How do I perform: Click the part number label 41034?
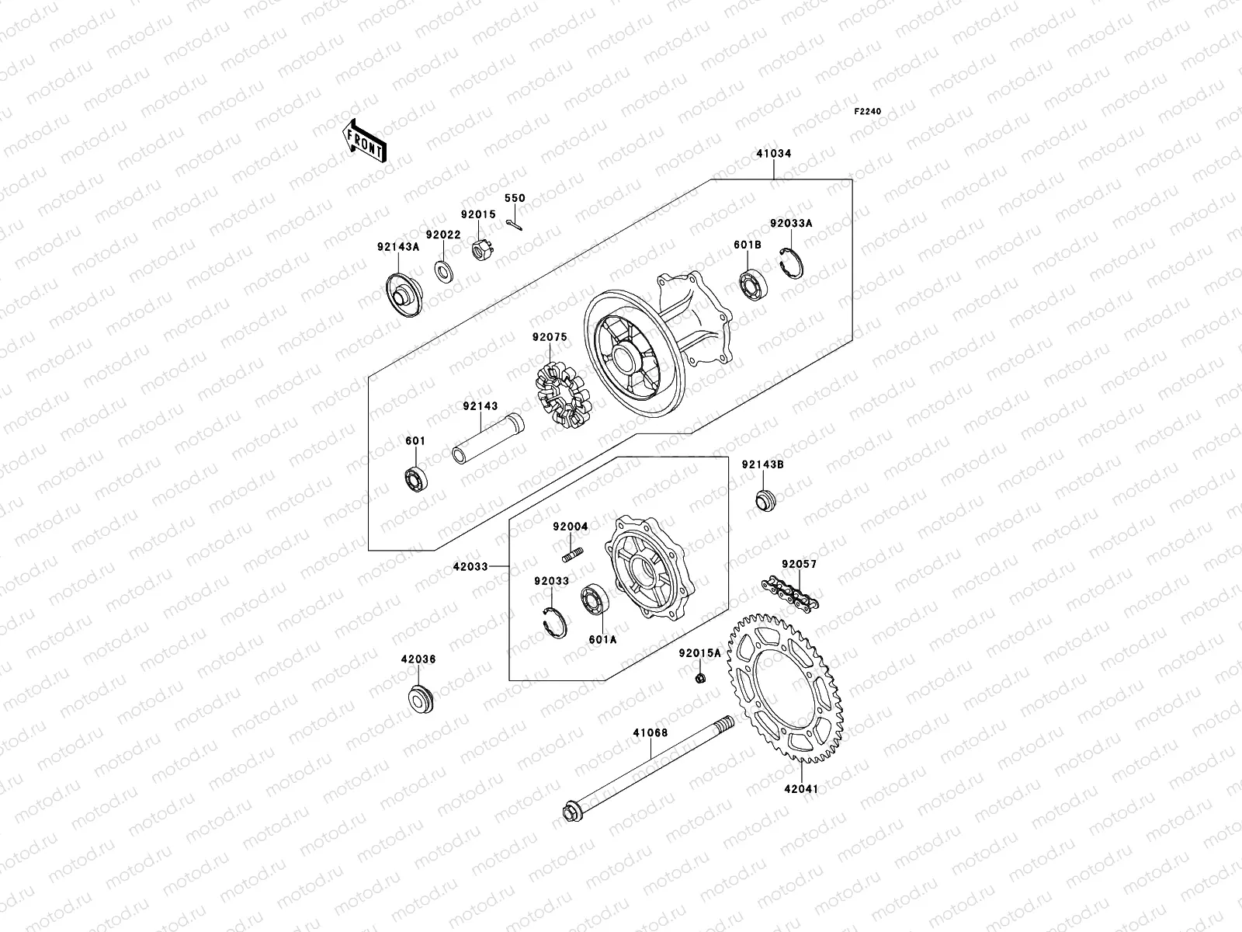773,154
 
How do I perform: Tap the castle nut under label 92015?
482,251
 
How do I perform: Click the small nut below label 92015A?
699,678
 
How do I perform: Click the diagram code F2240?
868,111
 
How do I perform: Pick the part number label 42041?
801,788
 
